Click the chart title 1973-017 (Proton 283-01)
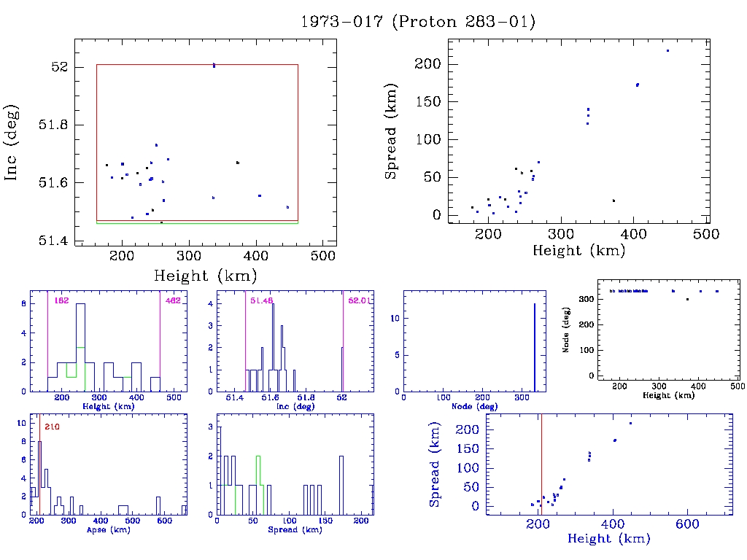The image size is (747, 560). [418, 22]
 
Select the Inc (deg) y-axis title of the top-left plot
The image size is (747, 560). [12, 144]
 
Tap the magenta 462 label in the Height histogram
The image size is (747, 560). [173, 300]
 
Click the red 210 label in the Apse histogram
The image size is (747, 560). [52, 427]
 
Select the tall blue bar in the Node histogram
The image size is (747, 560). [535, 347]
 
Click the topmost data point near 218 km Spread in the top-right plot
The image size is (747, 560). [667, 50]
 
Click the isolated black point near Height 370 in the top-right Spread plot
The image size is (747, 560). [614, 201]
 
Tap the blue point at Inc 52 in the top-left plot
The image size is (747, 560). [214, 66]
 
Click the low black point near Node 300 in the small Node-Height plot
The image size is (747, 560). [687, 299]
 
